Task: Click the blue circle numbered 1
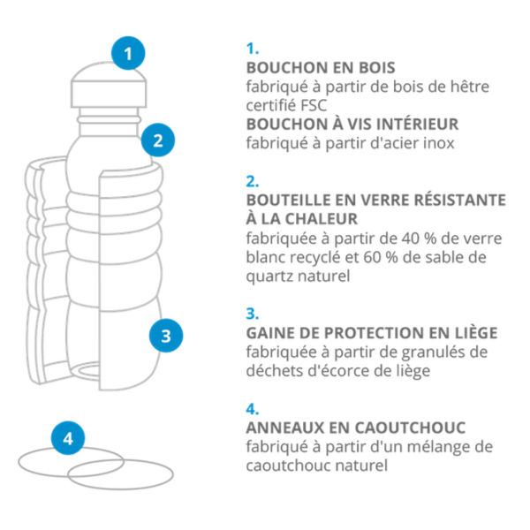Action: point(128,53)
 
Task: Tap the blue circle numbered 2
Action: point(158,140)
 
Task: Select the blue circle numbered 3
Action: point(166,336)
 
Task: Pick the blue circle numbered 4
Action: point(68,438)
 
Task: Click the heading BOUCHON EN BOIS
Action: point(321,68)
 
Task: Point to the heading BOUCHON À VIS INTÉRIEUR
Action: point(352,124)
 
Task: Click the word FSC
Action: point(314,105)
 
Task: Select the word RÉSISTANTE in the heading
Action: point(460,200)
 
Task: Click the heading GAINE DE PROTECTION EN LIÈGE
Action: point(372,333)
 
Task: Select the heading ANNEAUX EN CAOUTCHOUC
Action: point(356,428)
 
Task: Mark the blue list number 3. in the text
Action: point(252,314)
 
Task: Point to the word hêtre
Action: point(470,87)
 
